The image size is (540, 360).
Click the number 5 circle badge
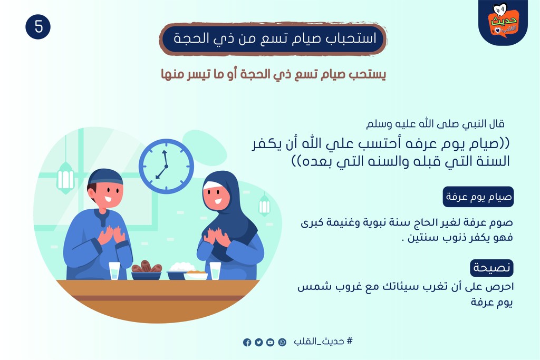click(x=38, y=27)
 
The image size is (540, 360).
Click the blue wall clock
click(x=166, y=166)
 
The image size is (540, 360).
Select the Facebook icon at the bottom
click(x=247, y=343)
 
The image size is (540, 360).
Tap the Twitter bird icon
click(x=258, y=343)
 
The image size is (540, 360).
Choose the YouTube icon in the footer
click(x=271, y=343)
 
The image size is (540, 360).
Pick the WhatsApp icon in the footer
click(x=282, y=342)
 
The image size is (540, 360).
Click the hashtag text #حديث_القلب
click(x=323, y=341)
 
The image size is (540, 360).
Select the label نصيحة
click(x=492, y=268)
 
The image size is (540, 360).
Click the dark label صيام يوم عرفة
click(x=478, y=197)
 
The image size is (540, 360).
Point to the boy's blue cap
click(x=105, y=176)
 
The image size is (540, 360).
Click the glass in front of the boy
click(x=114, y=271)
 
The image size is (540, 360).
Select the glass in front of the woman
click(x=215, y=271)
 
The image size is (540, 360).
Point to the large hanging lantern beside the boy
click(x=65, y=177)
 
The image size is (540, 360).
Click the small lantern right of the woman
click(x=264, y=206)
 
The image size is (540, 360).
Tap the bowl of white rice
click(x=180, y=271)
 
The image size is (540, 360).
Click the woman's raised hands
click(x=216, y=238)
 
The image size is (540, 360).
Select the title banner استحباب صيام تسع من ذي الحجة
click(x=273, y=38)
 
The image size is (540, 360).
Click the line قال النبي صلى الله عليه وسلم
click(x=435, y=123)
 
